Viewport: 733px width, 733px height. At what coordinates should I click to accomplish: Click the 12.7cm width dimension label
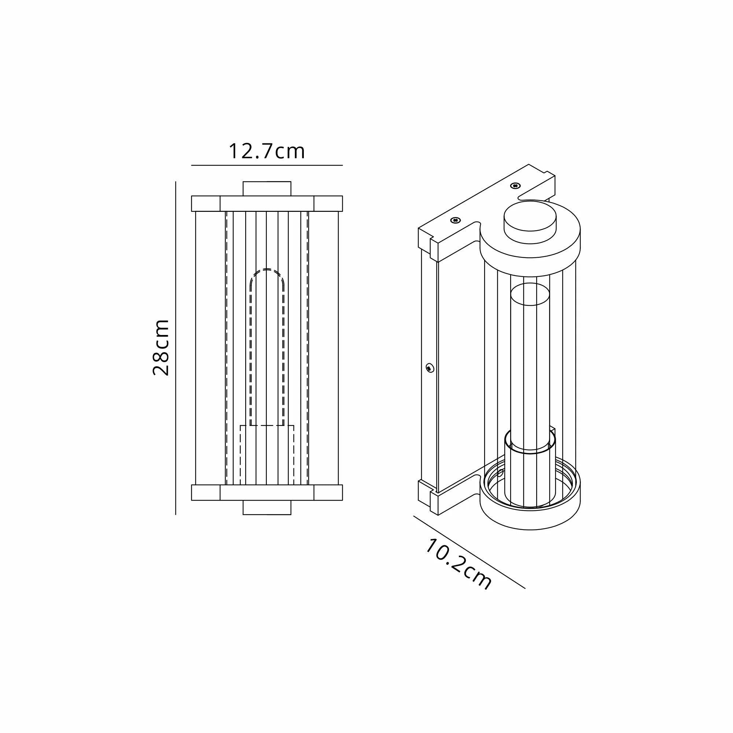point(266,151)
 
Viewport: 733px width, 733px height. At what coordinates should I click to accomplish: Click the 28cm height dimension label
point(161,347)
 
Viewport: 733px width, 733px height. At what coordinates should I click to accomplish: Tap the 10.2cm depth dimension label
point(458,570)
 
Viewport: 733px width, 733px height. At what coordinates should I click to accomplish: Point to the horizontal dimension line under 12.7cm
point(267,165)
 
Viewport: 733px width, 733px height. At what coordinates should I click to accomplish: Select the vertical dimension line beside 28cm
point(176,347)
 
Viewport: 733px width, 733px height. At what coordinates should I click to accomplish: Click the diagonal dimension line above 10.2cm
point(469,552)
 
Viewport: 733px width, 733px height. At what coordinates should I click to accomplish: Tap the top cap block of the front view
point(267,188)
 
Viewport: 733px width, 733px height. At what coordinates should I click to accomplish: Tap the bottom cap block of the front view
point(267,508)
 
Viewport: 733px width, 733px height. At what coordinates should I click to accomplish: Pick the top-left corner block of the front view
point(206,203)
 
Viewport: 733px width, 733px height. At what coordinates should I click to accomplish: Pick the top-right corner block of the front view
point(328,203)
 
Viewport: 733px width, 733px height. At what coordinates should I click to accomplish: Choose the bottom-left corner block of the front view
point(206,493)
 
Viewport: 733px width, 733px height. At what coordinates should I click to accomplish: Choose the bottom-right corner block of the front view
point(328,493)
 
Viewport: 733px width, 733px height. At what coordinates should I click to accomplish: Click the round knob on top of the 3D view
point(530,222)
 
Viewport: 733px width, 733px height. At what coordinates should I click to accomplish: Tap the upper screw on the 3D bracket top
point(515,185)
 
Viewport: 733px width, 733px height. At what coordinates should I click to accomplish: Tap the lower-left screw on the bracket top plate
point(454,220)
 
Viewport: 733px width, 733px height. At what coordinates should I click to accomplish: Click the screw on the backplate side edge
point(430,367)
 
